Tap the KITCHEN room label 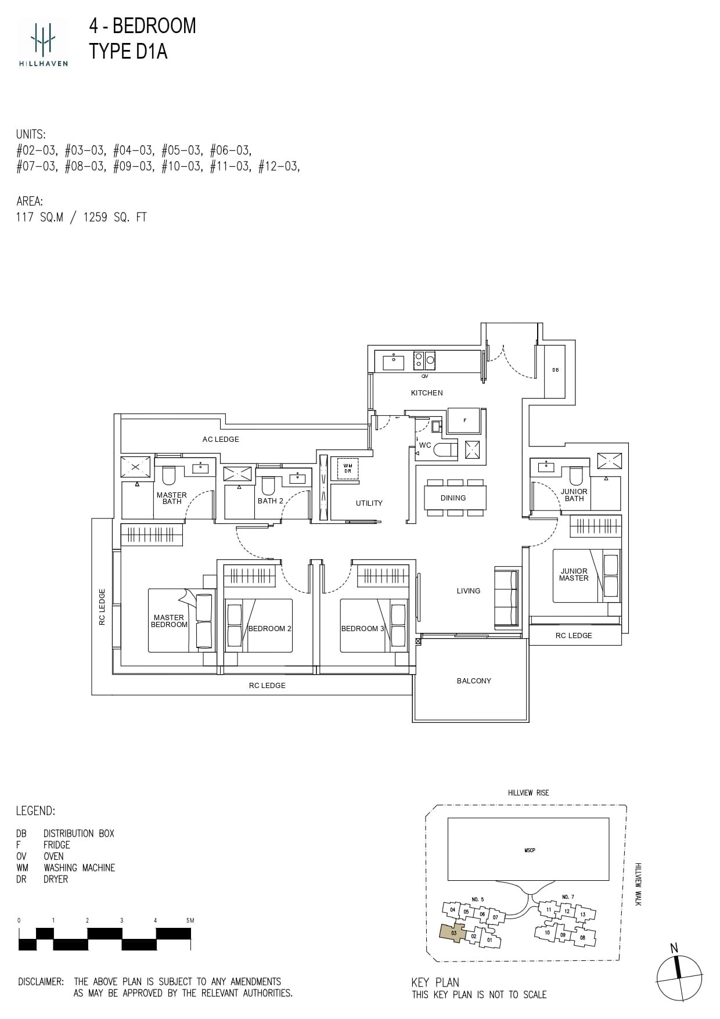click(427, 393)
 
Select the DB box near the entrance click(555, 370)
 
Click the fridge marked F click(465, 421)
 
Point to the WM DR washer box click(347, 468)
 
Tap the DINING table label click(453, 498)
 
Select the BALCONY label click(474, 680)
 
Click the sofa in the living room click(506, 598)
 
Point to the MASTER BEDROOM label click(169, 621)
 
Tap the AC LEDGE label click(221, 440)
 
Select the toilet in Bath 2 click(268, 486)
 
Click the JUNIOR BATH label click(574, 495)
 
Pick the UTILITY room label click(369, 503)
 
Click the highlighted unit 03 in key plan click(453, 932)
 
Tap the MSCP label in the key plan click(529, 850)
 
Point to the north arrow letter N click(674, 948)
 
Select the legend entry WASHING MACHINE click(79, 867)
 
